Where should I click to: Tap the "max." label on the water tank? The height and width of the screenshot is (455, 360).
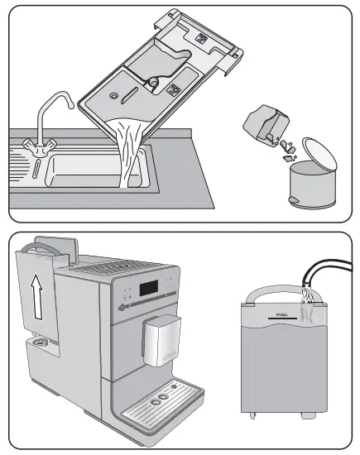285,315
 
